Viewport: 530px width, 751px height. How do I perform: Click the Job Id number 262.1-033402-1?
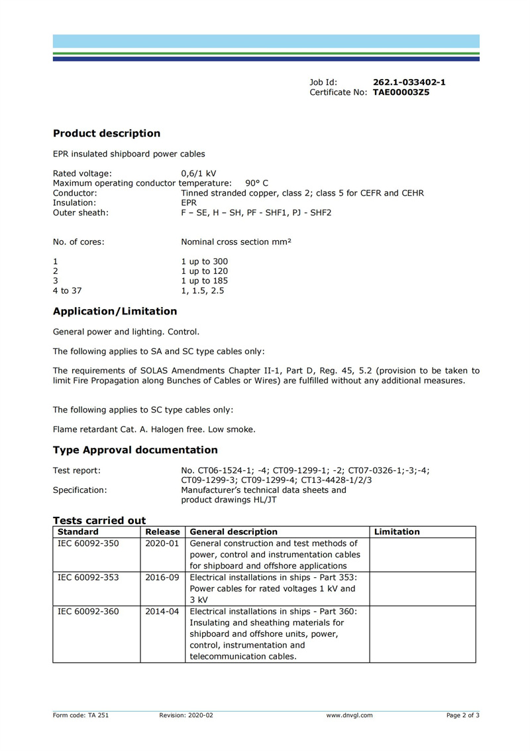[409, 82]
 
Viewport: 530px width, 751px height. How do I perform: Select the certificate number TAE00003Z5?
[401, 93]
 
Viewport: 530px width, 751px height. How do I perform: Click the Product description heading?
[107, 133]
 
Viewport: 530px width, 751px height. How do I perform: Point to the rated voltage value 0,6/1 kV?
[199, 174]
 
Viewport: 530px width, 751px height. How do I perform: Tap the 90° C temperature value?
[257, 183]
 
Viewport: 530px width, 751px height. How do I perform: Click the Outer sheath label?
[81, 213]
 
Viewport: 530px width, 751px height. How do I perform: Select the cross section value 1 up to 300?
[205, 261]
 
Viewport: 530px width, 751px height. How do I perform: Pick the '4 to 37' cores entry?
[68, 290]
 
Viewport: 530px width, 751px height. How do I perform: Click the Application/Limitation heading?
[115, 311]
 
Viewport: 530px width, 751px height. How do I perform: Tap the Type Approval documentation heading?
[135, 450]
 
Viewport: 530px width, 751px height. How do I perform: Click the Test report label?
[77, 470]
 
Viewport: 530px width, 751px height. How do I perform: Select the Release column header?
[162, 532]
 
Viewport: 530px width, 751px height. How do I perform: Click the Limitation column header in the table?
[397, 532]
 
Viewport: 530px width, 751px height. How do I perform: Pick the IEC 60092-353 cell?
[89, 577]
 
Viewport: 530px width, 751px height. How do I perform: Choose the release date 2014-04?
[162, 612]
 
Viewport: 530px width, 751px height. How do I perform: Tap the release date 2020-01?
[162, 543]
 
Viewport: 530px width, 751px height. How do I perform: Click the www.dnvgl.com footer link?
[349, 715]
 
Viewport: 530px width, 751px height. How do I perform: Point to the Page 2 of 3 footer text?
[462, 715]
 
